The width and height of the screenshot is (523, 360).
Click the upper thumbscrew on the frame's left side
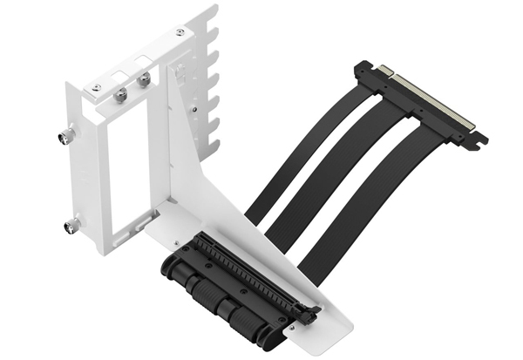click(x=66, y=136)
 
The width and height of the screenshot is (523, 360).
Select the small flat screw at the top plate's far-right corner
click(x=179, y=33)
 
